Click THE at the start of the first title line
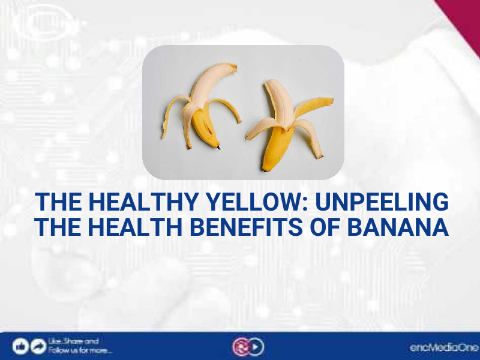pyautogui.click(x=56, y=203)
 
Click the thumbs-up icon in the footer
pyautogui.click(x=20, y=346)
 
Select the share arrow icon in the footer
pyautogui.click(x=38, y=346)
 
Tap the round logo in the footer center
pyautogui.click(x=247, y=346)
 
